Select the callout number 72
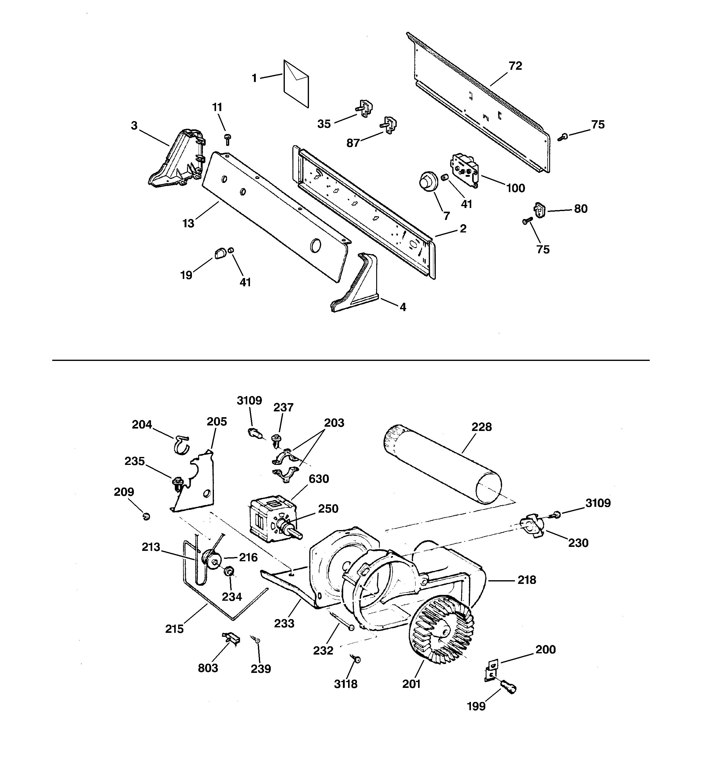[x=515, y=66]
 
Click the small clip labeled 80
[x=540, y=210]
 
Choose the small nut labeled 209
[x=146, y=516]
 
